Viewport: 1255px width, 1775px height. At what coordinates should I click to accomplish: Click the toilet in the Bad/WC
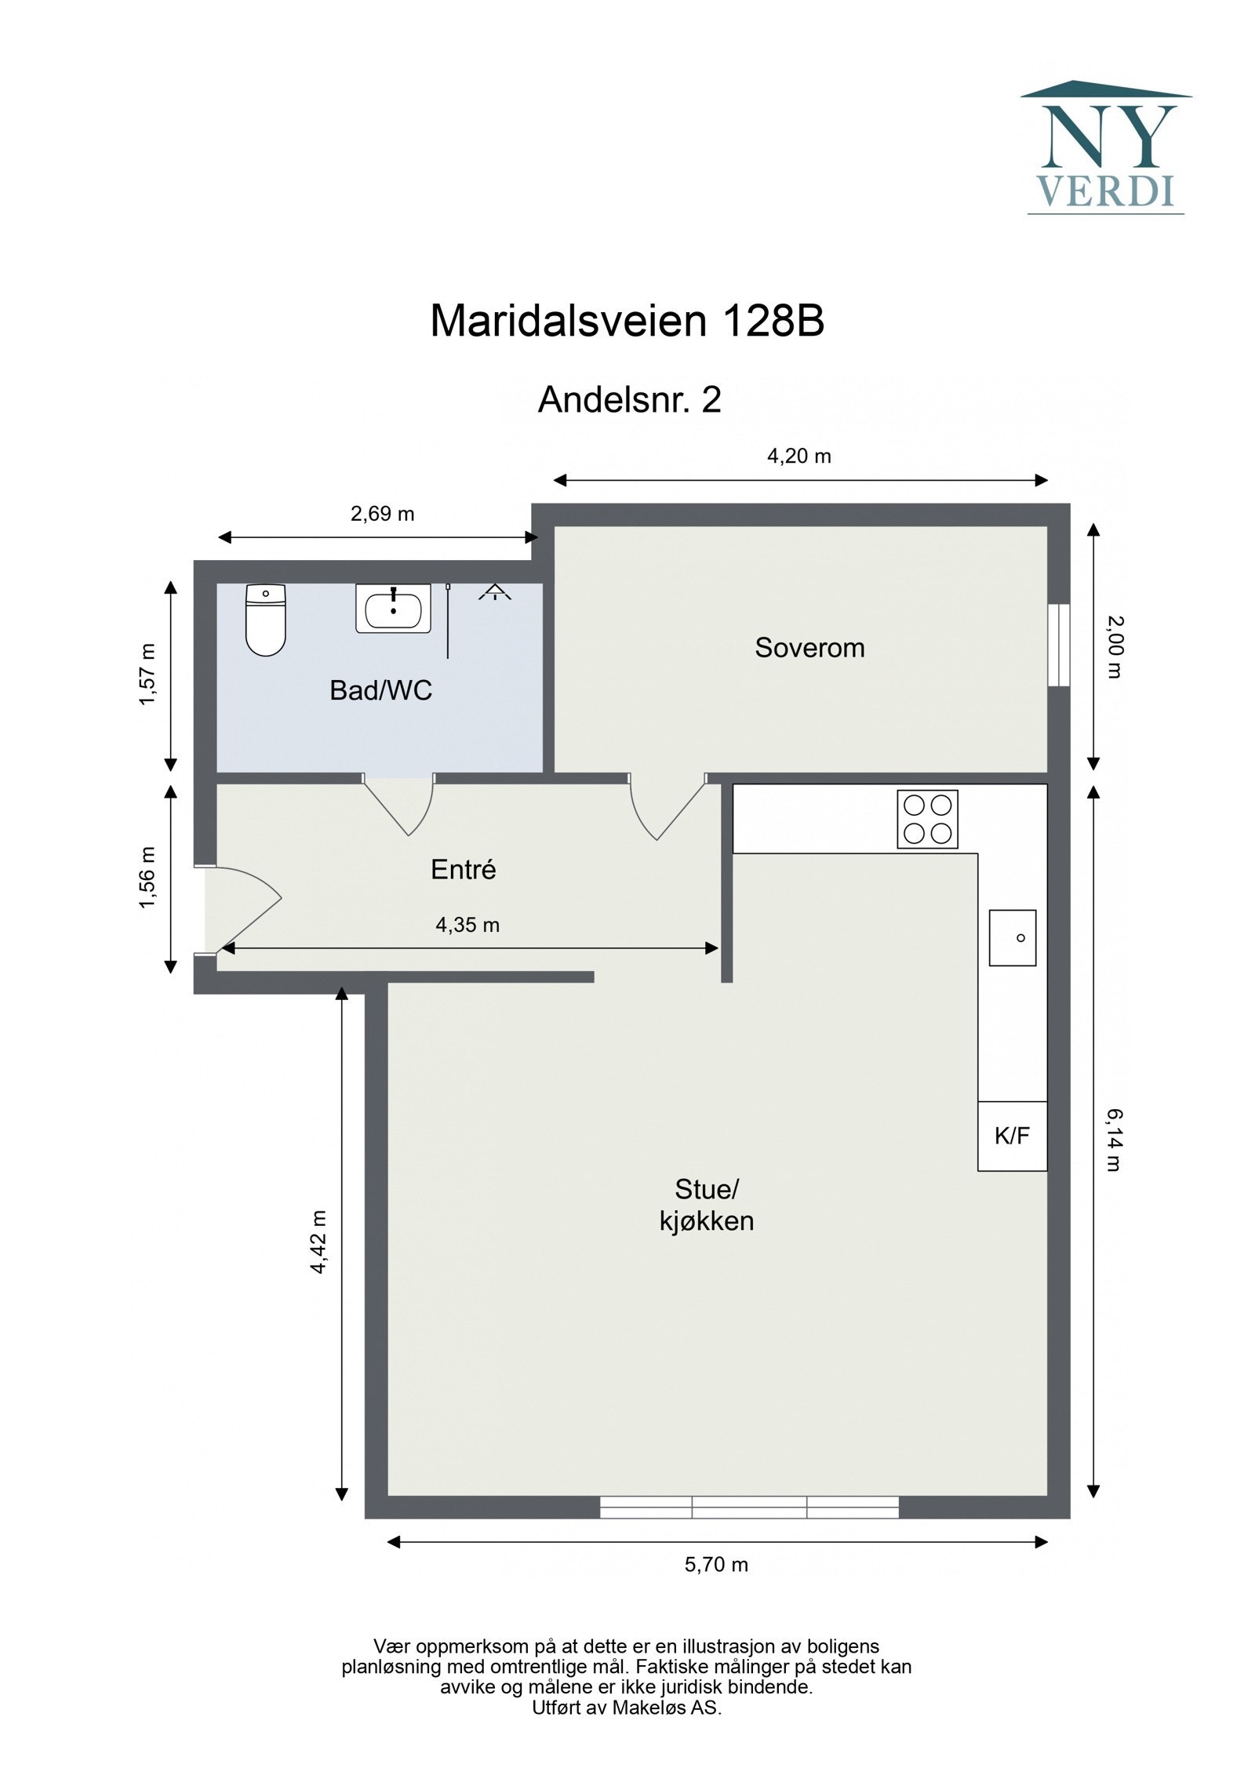point(265,620)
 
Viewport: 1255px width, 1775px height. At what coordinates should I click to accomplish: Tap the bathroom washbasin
point(393,608)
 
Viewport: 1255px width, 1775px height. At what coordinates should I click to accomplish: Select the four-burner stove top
point(927,819)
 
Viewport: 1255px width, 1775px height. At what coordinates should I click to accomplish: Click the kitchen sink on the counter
point(1012,937)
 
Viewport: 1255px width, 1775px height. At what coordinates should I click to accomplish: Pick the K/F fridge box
point(1012,1136)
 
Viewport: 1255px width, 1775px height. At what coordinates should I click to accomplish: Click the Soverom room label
point(809,648)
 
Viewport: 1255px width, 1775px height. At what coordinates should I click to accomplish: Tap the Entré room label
point(464,870)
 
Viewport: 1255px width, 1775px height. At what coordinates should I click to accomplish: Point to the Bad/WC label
point(381,690)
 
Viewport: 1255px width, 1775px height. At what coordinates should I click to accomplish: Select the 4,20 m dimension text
point(798,456)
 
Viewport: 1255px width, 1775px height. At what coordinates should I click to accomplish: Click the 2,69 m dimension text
point(382,514)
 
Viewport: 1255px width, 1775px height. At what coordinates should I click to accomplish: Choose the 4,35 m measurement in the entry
point(467,925)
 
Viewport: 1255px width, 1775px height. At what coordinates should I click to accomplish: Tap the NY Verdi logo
point(1105,149)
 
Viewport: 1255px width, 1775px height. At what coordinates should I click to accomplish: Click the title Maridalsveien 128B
point(627,321)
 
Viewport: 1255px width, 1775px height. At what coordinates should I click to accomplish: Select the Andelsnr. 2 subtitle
point(629,400)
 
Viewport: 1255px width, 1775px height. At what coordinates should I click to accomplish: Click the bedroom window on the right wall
point(1059,645)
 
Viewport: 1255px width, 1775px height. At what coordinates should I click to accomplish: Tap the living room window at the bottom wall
point(749,1507)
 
